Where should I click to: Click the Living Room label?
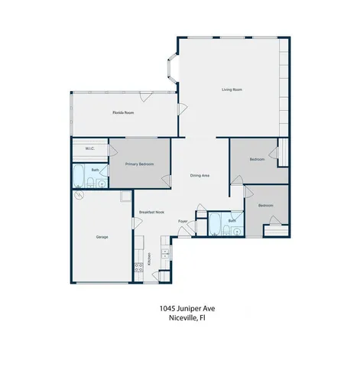232,90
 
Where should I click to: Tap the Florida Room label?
124,113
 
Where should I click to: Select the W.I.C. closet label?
89,149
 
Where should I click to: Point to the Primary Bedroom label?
139,164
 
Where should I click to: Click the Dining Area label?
200,176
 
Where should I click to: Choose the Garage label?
102,237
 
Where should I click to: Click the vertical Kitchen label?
150,258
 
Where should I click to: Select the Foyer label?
183,222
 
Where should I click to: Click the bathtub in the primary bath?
79,175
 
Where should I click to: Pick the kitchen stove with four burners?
139,268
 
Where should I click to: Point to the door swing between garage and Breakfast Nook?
135,222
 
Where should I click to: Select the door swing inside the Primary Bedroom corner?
165,180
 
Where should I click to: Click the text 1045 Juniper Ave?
180,308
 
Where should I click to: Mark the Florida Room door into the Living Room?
181,110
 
